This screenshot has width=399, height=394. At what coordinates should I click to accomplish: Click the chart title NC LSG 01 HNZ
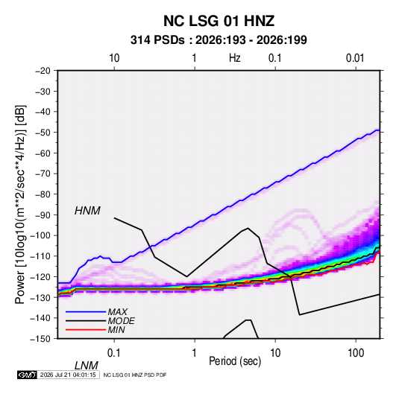tap(219, 21)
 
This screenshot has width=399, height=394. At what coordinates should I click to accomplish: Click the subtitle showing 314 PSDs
tap(219, 40)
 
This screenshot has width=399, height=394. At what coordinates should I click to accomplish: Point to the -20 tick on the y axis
tap(43, 71)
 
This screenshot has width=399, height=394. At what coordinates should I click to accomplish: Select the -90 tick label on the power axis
tap(43, 215)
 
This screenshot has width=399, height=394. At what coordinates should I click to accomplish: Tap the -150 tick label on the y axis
tap(41, 339)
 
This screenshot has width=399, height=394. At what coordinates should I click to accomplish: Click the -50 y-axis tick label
tap(43, 132)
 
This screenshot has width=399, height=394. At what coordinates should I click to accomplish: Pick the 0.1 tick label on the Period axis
tap(114, 353)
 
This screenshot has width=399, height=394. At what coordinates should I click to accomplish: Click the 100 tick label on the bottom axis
tap(356, 353)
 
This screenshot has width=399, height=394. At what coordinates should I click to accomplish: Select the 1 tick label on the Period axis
tap(195, 353)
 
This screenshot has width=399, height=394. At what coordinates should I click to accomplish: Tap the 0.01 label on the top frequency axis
tap(355, 58)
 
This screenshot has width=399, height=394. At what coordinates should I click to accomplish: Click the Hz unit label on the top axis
tap(234, 58)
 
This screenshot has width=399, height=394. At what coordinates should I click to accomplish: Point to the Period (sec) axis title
tap(235, 361)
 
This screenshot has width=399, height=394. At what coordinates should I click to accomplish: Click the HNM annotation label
tap(87, 211)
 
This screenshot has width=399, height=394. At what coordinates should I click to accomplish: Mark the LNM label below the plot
tap(86, 366)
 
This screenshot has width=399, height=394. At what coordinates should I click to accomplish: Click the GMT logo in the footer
tap(28, 375)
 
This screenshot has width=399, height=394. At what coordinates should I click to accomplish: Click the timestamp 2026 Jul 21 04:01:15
tap(68, 375)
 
